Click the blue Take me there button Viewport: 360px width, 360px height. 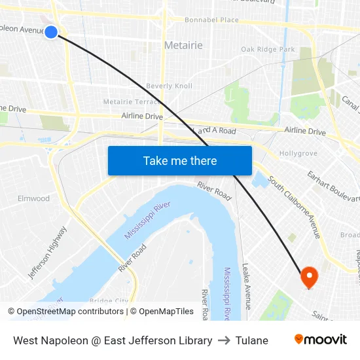180,160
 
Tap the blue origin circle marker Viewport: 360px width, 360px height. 51,31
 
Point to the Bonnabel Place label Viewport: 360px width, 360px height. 211,20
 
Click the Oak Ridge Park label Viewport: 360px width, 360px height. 268,49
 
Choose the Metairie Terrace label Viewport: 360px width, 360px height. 132,101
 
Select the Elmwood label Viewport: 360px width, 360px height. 33,198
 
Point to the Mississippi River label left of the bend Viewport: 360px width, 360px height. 147,219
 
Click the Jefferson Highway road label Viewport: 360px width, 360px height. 47,253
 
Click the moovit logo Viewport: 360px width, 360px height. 320,340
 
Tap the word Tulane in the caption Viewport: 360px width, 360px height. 252,340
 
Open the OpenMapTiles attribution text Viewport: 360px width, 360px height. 162,312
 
